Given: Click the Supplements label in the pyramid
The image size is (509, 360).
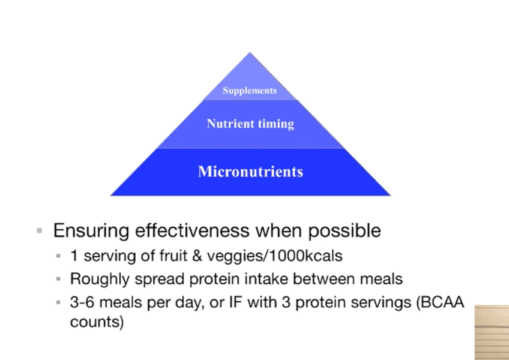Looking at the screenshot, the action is click(250, 91).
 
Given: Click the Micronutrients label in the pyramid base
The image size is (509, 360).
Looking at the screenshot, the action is click(250, 172).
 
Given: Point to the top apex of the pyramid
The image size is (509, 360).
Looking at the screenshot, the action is click(250, 52).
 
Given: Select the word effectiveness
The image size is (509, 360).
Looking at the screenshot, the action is click(192, 230).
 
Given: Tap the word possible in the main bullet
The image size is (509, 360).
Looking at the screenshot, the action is click(345, 231).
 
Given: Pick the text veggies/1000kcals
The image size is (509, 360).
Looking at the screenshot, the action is click(275, 256).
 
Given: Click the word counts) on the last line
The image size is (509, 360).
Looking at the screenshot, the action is click(97, 322).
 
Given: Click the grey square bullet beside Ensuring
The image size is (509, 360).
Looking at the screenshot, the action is click(40, 231).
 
